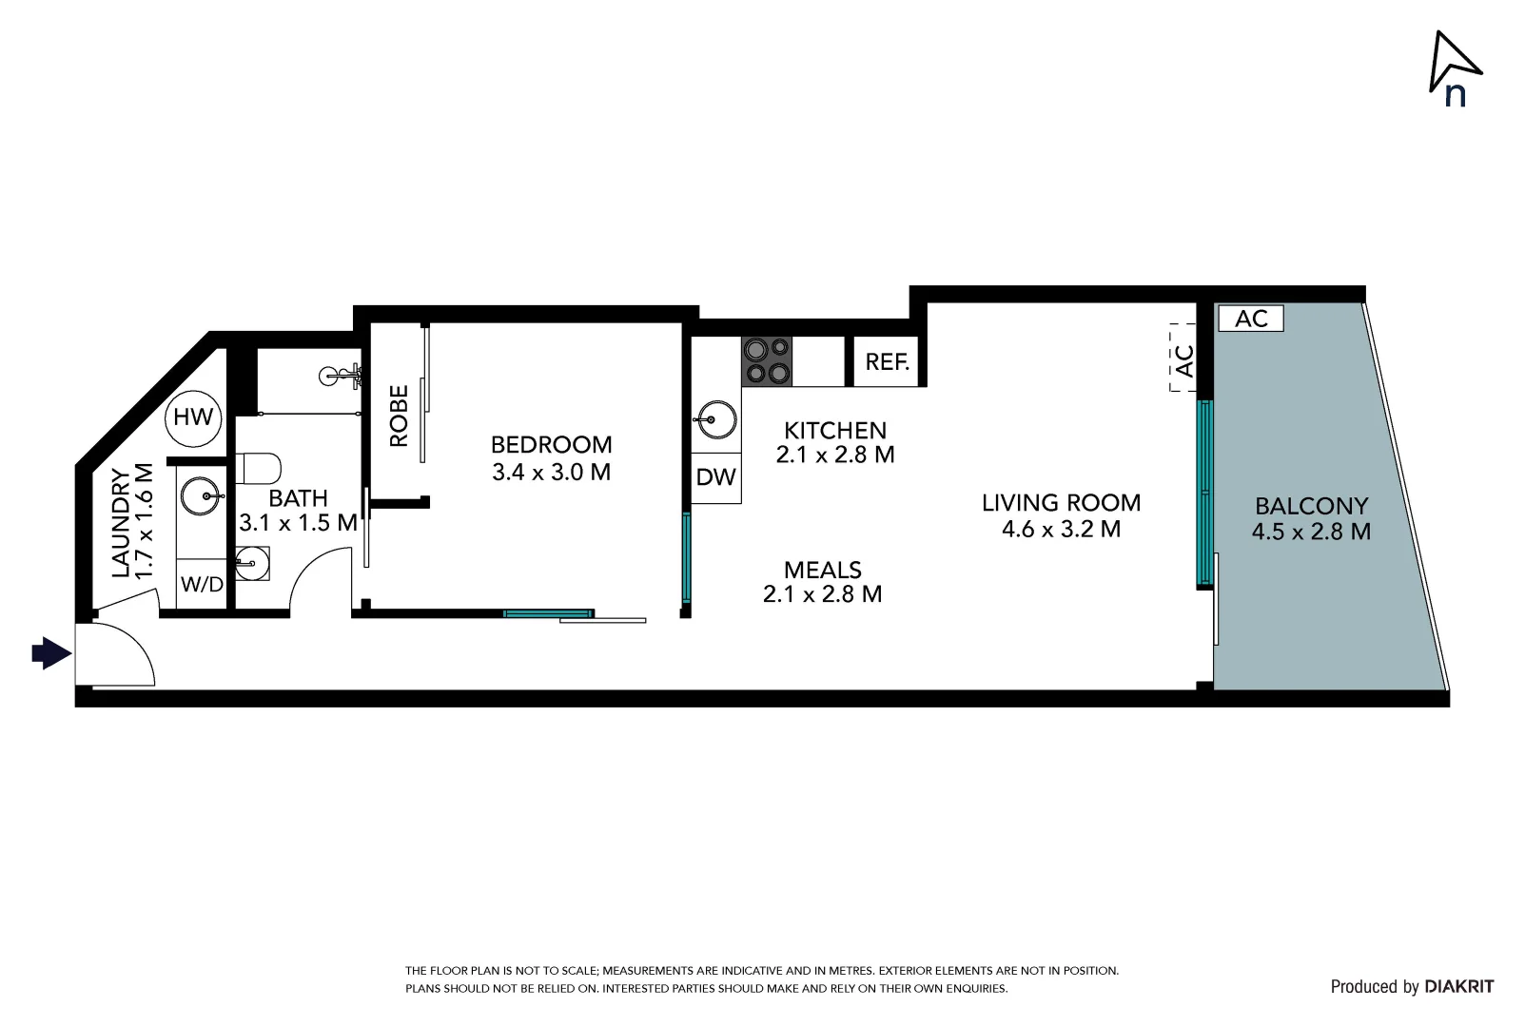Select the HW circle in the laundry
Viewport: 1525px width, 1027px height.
click(x=193, y=417)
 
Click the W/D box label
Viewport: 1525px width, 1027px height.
click(x=202, y=584)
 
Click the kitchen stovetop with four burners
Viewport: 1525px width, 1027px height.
click(x=766, y=361)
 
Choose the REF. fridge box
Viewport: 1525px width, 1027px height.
click(x=887, y=361)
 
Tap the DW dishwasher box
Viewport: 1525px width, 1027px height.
click(x=715, y=476)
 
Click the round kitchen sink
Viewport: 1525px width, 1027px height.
click(x=715, y=418)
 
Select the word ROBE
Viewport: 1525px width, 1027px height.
click(x=399, y=416)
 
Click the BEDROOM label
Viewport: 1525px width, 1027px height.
click(x=551, y=444)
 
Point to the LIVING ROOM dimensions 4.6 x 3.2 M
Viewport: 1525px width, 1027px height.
click(x=1061, y=529)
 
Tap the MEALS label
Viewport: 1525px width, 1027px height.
click(x=822, y=570)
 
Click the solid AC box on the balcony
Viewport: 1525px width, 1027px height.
click(x=1250, y=319)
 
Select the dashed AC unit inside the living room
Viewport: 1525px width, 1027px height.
click(x=1183, y=358)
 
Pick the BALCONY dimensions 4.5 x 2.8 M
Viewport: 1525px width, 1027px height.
click(x=1310, y=532)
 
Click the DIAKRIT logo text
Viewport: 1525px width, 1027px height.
click(x=1458, y=987)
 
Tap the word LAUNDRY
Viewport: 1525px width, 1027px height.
click(x=121, y=523)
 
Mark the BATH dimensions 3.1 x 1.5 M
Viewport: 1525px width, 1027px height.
click(x=298, y=522)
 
